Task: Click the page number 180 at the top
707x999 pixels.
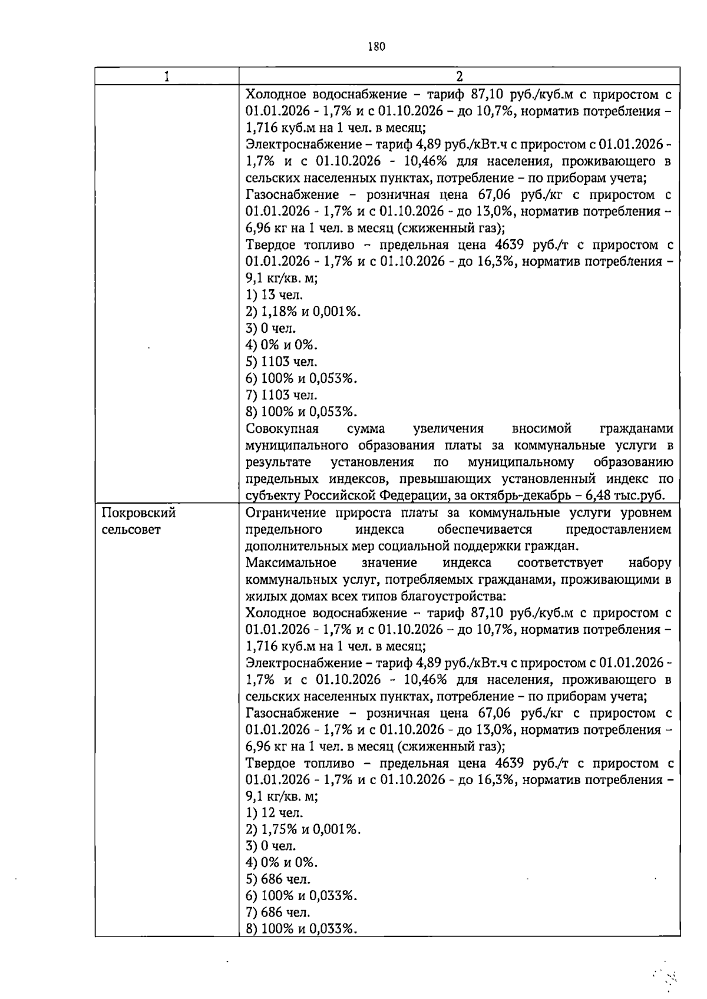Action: [376, 47]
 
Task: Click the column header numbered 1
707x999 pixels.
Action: [167, 77]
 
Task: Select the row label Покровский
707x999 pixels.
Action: [139, 513]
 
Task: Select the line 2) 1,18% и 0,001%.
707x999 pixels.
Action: [303, 312]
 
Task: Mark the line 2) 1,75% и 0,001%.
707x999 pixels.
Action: [303, 829]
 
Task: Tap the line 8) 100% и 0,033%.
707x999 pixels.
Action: [302, 929]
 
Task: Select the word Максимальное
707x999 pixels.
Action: [290, 563]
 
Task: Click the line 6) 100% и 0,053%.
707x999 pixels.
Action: [302, 378]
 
